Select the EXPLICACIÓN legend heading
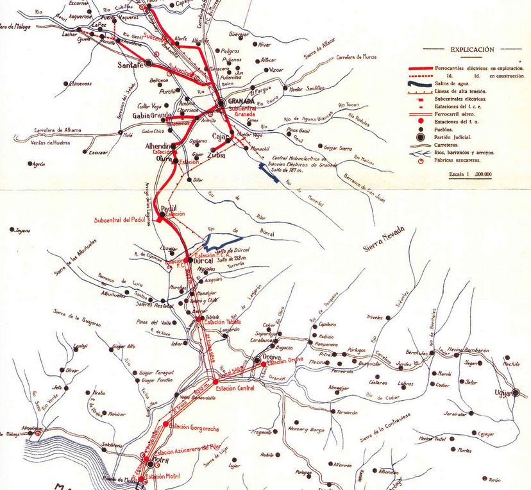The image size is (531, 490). pyautogui.click(x=472, y=49)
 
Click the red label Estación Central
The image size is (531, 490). pyautogui.click(x=236, y=388)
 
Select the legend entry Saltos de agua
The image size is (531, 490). pyautogui.click(x=450, y=83)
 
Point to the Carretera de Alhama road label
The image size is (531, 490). pyautogui.click(x=58, y=130)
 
